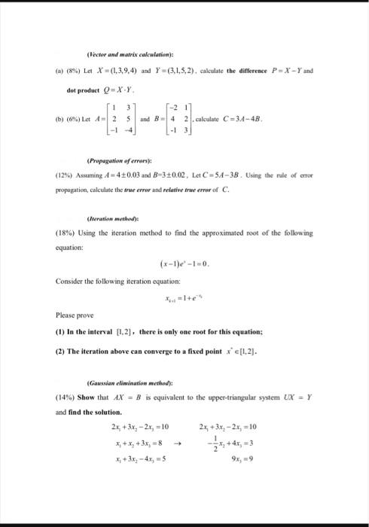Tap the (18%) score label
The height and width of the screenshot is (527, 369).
tap(66, 233)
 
